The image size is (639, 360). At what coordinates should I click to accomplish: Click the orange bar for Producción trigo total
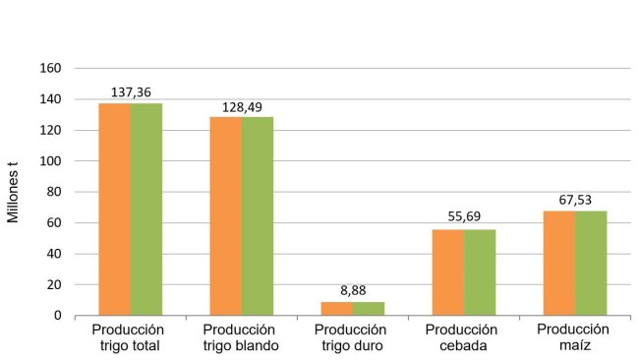(115, 209)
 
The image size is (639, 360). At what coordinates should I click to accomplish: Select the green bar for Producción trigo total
(146, 209)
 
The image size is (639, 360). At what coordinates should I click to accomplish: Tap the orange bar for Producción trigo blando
(226, 215)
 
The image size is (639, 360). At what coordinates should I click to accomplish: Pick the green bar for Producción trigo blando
(258, 215)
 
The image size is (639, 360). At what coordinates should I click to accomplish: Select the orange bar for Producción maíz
(559, 263)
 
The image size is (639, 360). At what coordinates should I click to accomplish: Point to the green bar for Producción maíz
(591, 263)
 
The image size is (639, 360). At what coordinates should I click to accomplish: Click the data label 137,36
(131, 92)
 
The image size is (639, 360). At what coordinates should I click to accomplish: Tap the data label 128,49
(242, 106)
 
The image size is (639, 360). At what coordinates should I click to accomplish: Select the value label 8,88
(353, 291)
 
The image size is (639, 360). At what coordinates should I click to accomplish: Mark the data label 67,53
(575, 200)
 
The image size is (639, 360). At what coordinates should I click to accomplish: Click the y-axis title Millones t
(15, 192)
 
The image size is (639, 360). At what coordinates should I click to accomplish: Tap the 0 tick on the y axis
(58, 316)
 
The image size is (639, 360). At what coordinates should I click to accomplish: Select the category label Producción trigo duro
(353, 337)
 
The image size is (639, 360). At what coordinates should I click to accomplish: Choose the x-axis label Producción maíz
(575, 336)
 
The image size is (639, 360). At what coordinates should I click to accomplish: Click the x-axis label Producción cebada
(464, 337)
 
